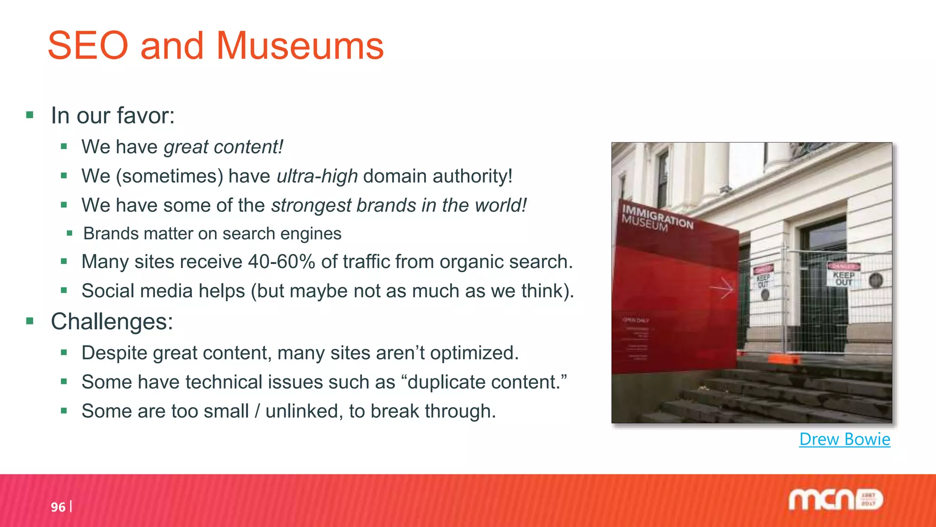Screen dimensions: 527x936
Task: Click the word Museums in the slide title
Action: coord(300,46)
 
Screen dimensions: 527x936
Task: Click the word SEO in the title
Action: coord(88,46)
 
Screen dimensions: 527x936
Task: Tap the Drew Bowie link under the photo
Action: coord(845,439)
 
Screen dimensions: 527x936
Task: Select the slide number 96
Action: coord(58,507)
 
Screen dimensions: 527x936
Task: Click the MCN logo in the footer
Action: coord(835,500)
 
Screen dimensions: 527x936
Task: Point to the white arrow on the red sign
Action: coord(722,289)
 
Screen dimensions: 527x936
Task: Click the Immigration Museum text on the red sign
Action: coord(657,219)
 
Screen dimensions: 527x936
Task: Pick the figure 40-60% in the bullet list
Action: coord(282,262)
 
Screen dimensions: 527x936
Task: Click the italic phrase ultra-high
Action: coord(317,176)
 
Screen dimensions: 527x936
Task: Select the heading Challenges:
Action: coord(112,321)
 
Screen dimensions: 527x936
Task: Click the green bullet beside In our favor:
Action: coord(30,115)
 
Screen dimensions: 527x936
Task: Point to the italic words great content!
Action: coord(223,147)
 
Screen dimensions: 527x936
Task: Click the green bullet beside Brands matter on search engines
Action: coord(69,234)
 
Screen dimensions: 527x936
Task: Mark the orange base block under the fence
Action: coord(783,359)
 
